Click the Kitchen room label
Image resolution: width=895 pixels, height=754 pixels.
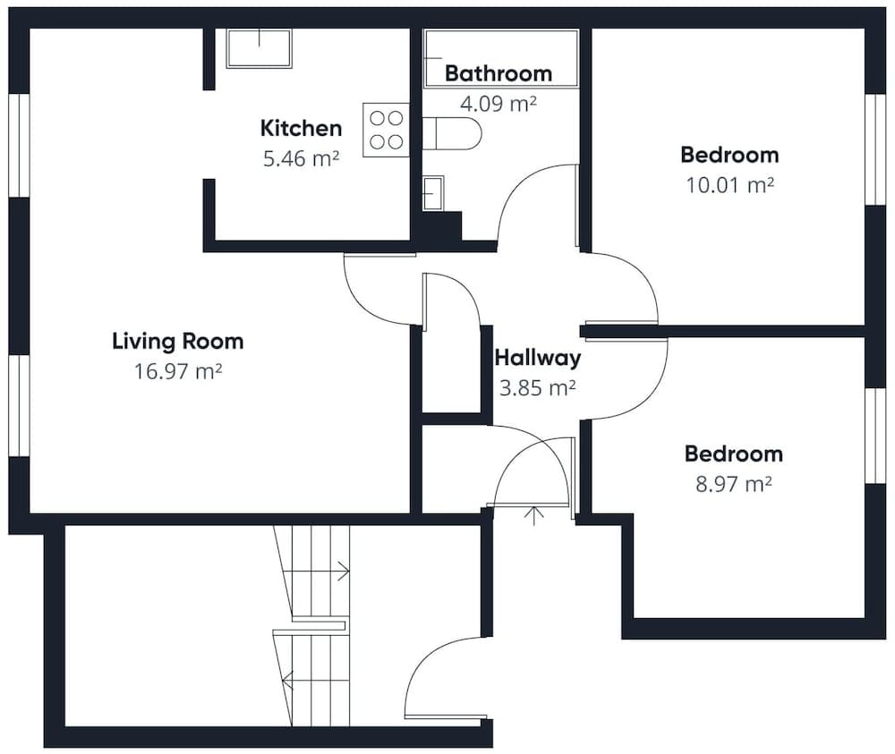tap(301, 128)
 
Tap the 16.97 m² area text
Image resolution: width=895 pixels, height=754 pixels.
tap(178, 371)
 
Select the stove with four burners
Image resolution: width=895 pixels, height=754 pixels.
tap(387, 130)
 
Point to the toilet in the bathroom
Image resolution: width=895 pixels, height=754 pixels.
tap(451, 133)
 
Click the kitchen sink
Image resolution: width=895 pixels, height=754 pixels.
tap(260, 48)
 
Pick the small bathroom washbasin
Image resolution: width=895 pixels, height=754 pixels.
tap(433, 193)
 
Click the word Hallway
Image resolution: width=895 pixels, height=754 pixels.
tap(538, 358)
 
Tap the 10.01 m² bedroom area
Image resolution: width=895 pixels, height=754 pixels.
tap(730, 185)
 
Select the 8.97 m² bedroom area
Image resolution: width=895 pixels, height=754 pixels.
tap(734, 484)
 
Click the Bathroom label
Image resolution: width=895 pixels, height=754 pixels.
tap(499, 73)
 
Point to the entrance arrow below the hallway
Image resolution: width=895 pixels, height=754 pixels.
tap(533, 515)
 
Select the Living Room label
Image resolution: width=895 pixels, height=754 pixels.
tap(178, 341)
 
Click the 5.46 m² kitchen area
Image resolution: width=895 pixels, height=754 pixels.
tap(302, 158)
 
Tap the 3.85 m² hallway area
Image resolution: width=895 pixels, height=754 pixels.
tap(538, 388)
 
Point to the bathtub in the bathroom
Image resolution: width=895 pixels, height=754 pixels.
tap(501, 58)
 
